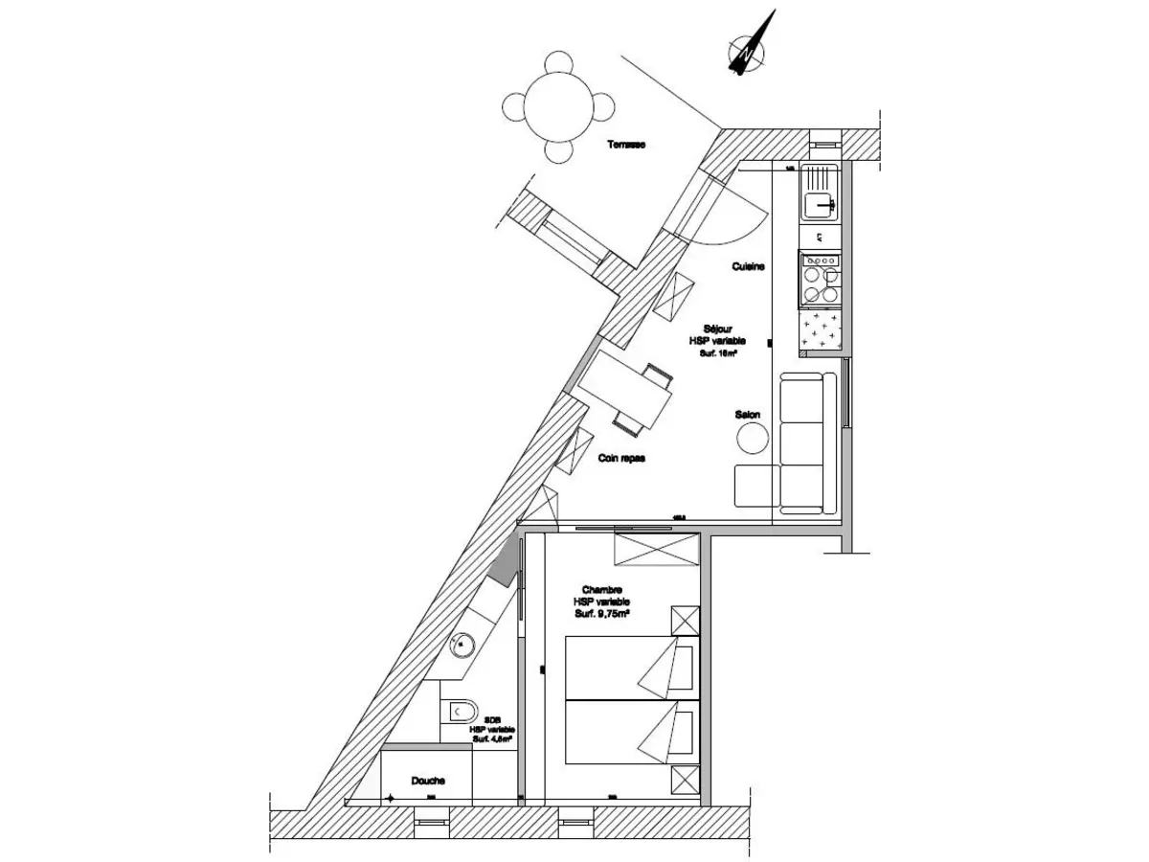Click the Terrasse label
point(626,146)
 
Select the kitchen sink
point(821,203)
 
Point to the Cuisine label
point(748,267)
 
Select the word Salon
point(748,415)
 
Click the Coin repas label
point(621,458)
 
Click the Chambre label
point(602,590)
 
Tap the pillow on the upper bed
point(681,668)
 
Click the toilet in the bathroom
point(461,712)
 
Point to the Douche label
point(428,781)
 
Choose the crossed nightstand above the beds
point(686,620)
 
